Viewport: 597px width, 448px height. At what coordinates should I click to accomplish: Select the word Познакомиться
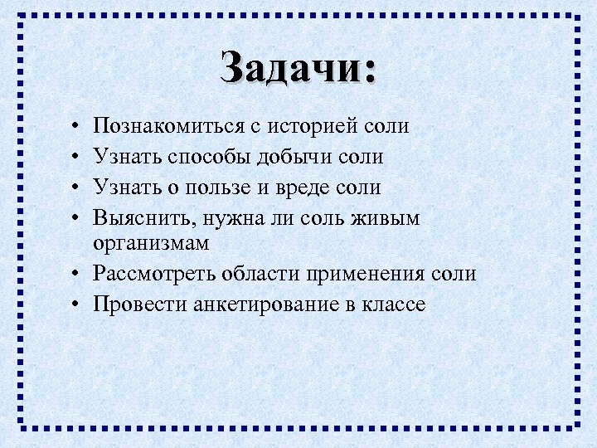tap(168, 127)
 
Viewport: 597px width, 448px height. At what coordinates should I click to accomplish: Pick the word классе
tap(393, 304)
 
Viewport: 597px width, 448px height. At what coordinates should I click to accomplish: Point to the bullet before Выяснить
tap(75, 218)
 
